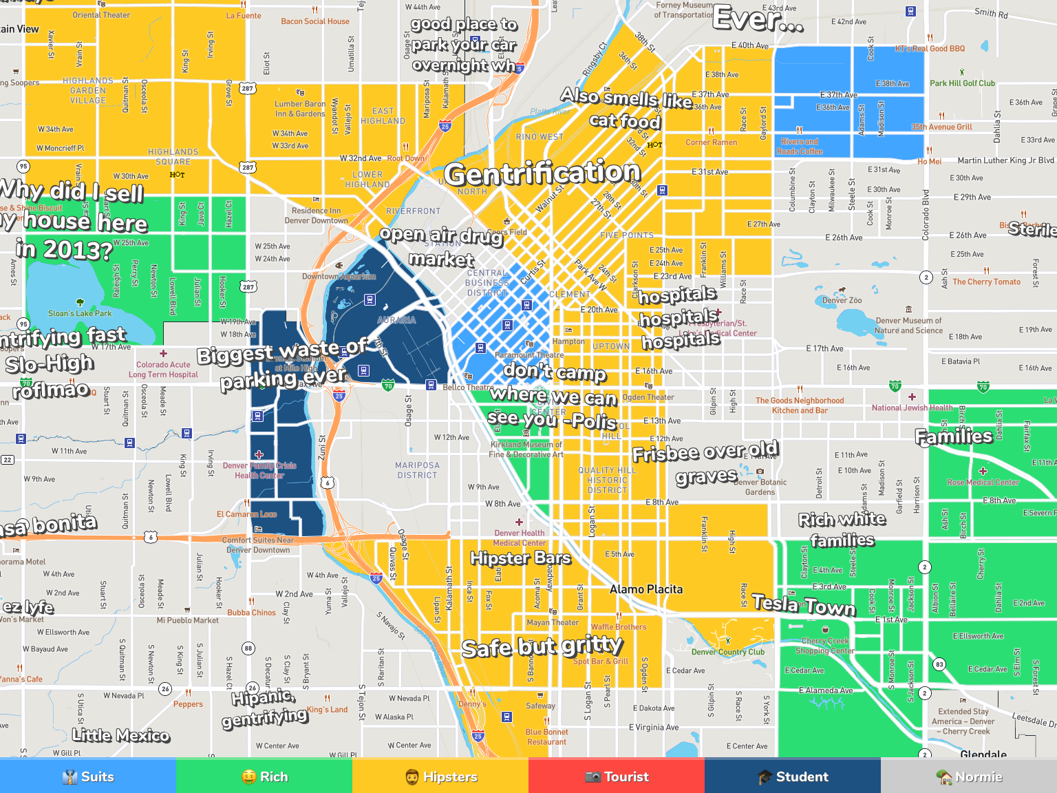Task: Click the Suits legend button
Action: [x=88, y=776]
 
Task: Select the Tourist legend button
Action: [x=617, y=776]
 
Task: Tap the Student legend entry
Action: [x=793, y=776]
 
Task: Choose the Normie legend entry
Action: [x=969, y=776]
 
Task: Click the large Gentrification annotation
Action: [x=542, y=173]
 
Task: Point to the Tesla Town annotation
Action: [x=803, y=605]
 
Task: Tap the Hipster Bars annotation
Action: [x=520, y=558]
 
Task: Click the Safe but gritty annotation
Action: [x=542, y=647]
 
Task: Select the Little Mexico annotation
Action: [x=120, y=735]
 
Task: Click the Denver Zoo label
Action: [x=842, y=300]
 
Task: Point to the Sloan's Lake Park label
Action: [x=80, y=313]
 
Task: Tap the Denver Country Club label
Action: [x=727, y=652]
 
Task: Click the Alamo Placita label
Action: [x=646, y=589]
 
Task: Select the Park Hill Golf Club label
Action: [x=962, y=83]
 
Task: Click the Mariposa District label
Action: [x=417, y=470]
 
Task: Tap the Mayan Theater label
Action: [x=553, y=622]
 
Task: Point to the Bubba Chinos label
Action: [x=251, y=613]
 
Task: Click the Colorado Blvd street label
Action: [x=926, y=214]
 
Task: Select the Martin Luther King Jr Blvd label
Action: [x=1005, y=160]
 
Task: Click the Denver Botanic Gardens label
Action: [x=760, y=487]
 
